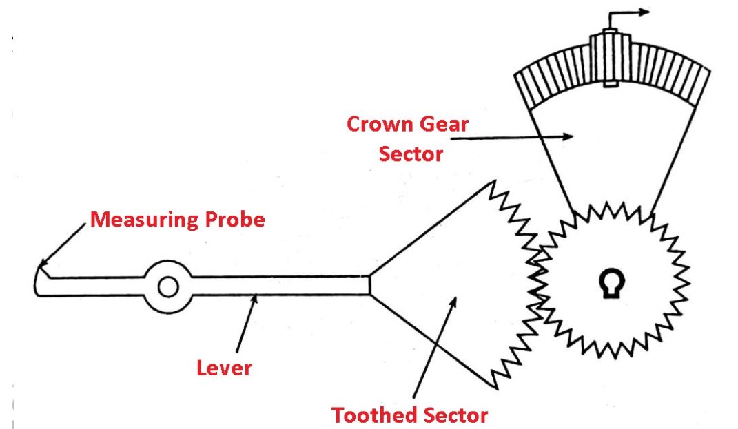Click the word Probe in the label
[x=233, y=220]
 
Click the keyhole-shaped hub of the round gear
[x=611, y=284]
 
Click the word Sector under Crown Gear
[x=411, y=154]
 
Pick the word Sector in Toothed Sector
[x=455, y=415]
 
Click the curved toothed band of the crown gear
[x=662, y=76]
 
